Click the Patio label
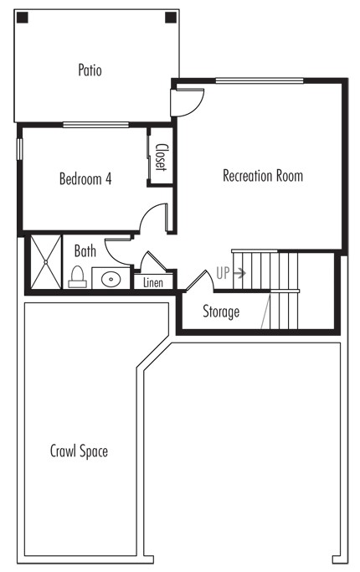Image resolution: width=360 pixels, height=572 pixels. click(x=90, y=70)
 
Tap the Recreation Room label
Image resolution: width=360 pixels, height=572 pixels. click(x=263, y=176)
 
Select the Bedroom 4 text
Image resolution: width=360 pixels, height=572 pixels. click(x=85, y=178)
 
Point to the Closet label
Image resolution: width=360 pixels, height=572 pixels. click(x=161, y=157)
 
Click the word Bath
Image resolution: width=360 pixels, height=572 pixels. click(x=85, y=251)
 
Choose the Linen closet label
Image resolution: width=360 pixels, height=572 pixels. click(x=153, y=282)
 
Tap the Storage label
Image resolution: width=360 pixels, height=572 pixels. click(x=221, y=312)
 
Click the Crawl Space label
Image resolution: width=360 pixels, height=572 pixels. click(x=79, y=451)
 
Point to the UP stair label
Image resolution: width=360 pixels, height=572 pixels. click(x=223, y=273)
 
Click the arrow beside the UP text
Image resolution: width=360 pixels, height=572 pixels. click(x=239, y=273)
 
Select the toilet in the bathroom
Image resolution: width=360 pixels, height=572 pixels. click(x=77, y=277)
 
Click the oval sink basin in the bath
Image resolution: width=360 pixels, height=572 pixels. click(x=111, y=280)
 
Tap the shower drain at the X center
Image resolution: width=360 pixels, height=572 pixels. click(x=45, y=262)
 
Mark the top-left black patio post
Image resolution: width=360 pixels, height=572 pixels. click(x=23, y=18)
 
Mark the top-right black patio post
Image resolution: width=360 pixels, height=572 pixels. click(x=171, y=18)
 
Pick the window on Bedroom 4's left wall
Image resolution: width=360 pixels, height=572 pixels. click(x=19, y=149)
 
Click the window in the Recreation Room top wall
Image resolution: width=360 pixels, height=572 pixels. click(x=260, y=80)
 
